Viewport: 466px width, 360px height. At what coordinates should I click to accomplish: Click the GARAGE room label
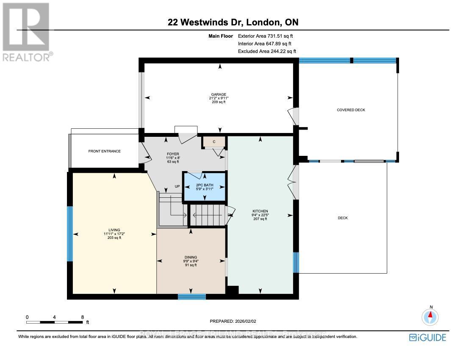[x=219, y=94]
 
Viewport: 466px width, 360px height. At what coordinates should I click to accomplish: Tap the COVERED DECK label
[x=351, y=110]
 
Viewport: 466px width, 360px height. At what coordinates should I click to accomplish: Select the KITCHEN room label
[x=260, y=211]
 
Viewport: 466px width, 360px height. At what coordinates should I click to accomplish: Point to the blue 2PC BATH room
[x=204, y=186]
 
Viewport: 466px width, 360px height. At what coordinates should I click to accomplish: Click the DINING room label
[x=191, y=257]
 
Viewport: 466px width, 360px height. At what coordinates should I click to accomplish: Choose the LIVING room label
[x=114, y=230]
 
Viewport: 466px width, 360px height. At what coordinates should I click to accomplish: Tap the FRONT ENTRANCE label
[x=104, y=151]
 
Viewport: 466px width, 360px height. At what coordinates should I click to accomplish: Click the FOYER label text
[x=173, y=154]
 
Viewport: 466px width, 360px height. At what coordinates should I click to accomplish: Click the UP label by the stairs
[x=178, y=186]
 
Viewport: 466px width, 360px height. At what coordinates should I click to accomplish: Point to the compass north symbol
[x=431, y=316]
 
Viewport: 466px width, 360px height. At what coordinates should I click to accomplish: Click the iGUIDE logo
[x=427, y=337]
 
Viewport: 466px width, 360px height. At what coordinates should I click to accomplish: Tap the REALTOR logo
[x=26, y=32]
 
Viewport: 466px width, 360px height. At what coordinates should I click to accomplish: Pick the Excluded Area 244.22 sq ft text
[x=267, y=51]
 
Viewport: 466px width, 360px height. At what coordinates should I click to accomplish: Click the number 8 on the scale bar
[x=82, y=317]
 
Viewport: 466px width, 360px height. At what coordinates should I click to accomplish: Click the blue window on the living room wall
[x=70, y=234]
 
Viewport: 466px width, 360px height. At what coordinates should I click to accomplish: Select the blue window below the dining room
[x=191, y=296]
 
